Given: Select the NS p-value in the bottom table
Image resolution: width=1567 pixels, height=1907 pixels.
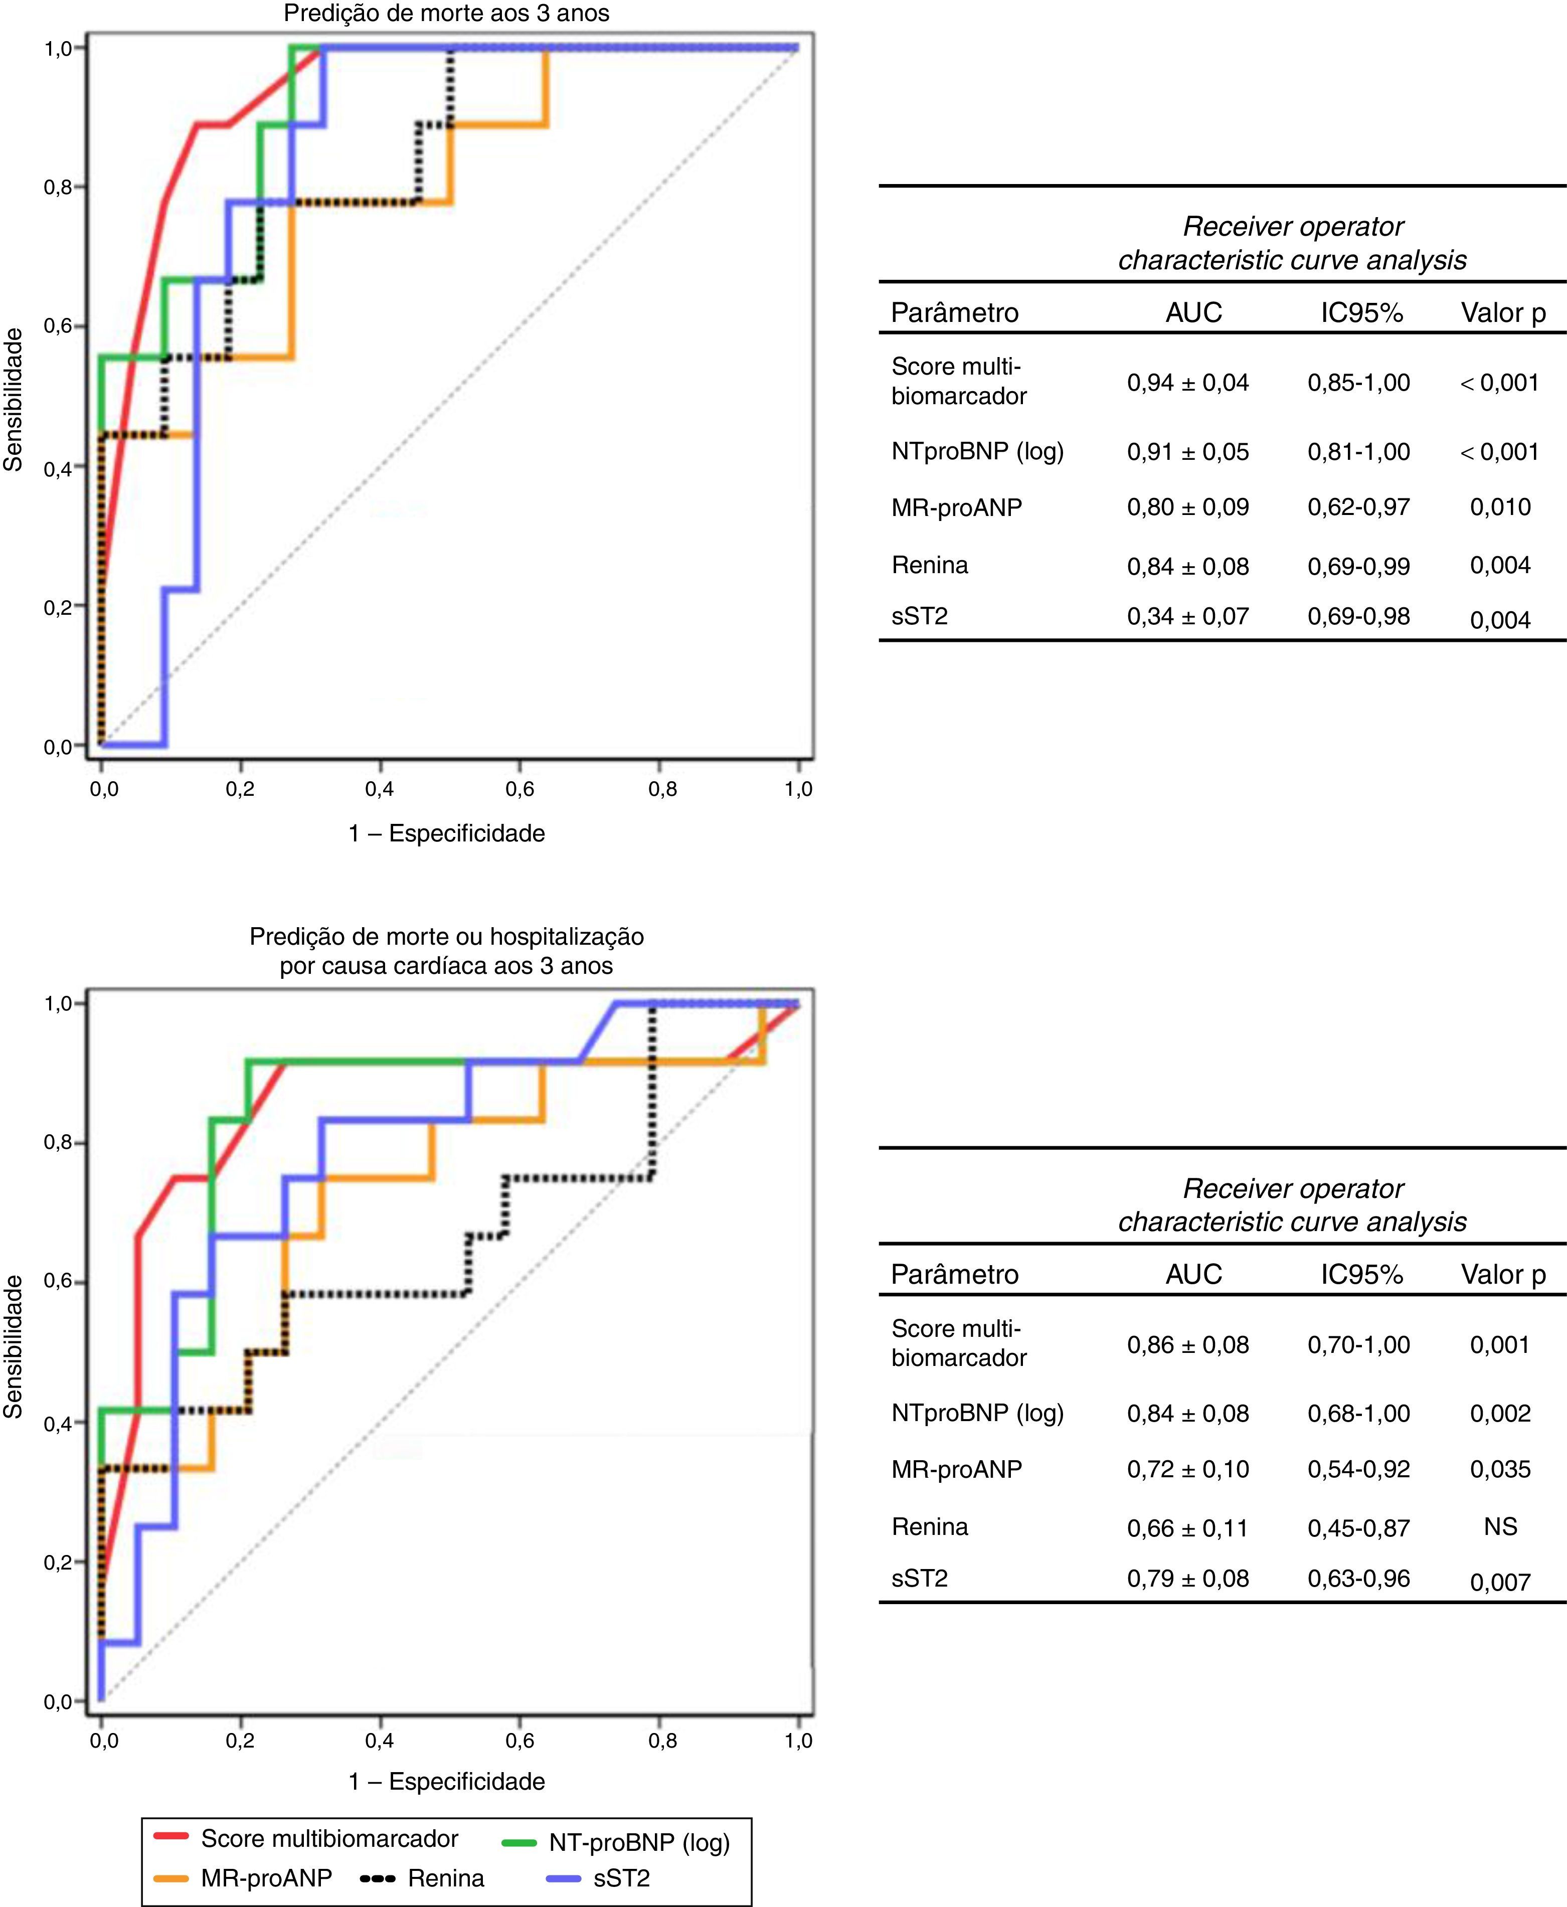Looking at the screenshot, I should click(1500, 1526).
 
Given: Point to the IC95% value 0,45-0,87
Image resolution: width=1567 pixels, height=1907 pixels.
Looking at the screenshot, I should click(1358, 1528).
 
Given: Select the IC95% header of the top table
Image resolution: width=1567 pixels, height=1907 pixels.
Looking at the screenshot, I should click(1361, 312).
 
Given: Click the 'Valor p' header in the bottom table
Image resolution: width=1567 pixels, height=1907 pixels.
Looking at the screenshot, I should click(1503, 1274).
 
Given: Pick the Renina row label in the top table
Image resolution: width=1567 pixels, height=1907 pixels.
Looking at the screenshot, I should click(930, 565).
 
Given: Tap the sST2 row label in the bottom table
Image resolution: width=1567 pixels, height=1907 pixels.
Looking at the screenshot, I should click(920, 1578).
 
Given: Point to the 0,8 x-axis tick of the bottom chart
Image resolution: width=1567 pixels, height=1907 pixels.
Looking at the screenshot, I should click(661, 1740).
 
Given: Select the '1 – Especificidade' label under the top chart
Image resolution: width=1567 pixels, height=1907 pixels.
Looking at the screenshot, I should click(447, 833).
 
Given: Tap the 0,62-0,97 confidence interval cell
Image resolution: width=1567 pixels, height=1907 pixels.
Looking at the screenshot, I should click(1358, 507).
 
